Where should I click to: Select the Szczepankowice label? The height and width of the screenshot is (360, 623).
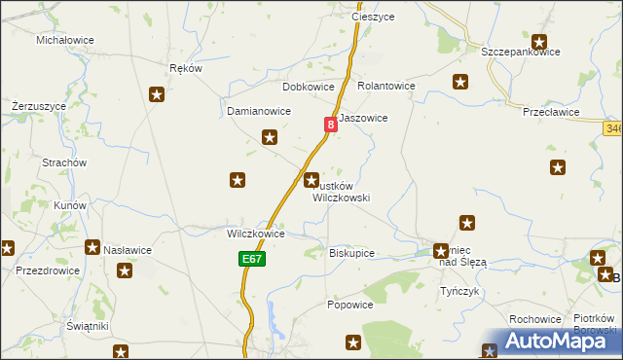(521, 52)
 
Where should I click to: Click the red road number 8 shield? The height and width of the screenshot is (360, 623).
(332, 124)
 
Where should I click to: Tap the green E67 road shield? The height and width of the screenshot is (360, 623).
(250, 260)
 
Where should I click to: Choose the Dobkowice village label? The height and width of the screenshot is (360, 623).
(309, 87)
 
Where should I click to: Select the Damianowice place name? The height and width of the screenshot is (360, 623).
(259, 111)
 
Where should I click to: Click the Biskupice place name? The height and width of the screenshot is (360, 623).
(352, 253)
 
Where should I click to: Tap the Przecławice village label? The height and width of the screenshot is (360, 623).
(551, 112)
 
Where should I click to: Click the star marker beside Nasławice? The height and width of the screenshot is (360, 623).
(92, 248)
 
